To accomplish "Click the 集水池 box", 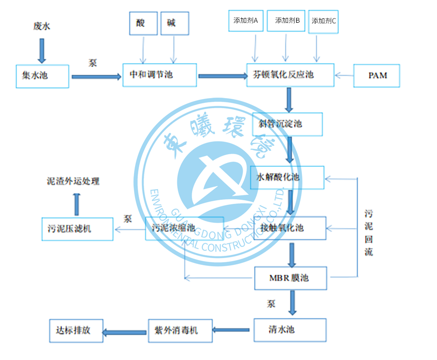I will point(42,76).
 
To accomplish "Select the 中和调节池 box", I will point(159,75).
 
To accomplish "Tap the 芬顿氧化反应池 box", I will point(290,75).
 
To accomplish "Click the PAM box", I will point(377,75).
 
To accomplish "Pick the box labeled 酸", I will point(143,23).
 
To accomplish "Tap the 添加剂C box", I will point(323,21).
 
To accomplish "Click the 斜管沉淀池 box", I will point(287,124).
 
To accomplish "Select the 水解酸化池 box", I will point(287,178).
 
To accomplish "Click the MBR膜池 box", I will point(291,278).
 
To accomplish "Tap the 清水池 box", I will point(290,330).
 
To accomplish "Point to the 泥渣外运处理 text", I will point(73,181).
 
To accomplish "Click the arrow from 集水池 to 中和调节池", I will point(96,76).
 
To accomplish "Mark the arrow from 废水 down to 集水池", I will point(42,49).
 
